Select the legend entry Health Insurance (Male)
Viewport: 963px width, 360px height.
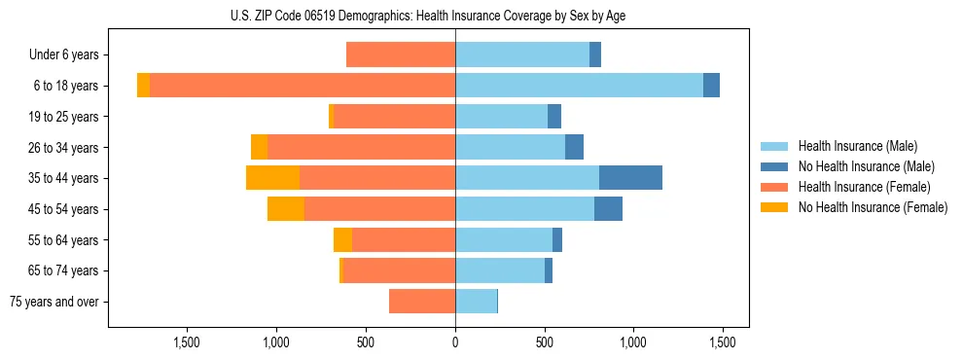point(857,146)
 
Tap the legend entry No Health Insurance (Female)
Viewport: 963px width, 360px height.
point(873,207)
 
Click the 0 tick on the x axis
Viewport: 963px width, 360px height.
point(455,342)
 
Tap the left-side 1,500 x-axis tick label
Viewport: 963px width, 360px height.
point(187,342)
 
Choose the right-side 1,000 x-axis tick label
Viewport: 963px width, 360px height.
point(633,342)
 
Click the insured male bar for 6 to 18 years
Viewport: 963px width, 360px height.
point(579,86)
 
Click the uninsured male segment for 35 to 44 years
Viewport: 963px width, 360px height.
point(630,178)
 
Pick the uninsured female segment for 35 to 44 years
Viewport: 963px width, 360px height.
point(272,178)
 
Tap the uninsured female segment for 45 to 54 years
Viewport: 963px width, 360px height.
point(286,209)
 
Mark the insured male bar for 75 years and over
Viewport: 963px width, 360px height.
point(476,302)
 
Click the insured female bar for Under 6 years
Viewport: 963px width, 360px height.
point(401,55)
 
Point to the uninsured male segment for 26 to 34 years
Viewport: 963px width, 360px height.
point(574,147)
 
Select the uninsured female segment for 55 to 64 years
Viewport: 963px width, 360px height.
point(342,240)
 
